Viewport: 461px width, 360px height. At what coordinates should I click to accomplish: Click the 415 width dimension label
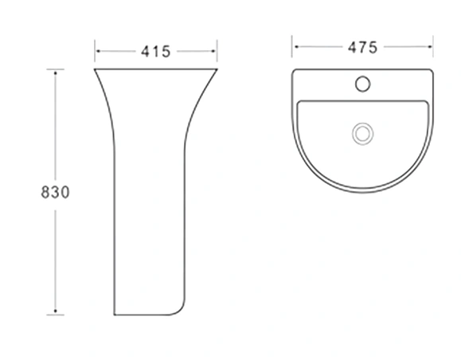[155, 52]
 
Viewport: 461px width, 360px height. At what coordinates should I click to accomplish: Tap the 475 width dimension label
[362, 47]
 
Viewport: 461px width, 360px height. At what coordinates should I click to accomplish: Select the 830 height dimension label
[55, 193]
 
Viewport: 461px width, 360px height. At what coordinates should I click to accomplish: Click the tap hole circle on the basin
[362, 84]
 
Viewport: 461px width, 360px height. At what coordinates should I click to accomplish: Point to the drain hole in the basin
[363, 134]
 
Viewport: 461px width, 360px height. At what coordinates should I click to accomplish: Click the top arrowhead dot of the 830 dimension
[55, 72]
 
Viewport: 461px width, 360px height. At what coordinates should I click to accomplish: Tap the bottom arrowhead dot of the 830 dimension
[55, 311]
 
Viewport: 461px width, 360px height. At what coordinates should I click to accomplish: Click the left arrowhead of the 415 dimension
[98, 51]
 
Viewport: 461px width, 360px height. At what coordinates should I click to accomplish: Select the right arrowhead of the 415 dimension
[213, 51]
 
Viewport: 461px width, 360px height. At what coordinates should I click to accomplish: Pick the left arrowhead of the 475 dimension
[296, 46]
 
